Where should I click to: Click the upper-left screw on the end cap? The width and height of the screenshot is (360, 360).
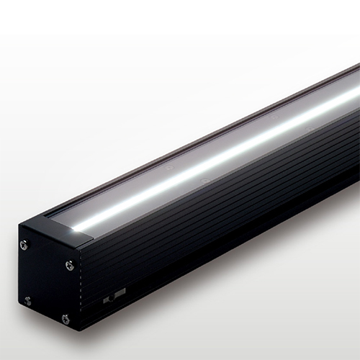[x=24, y=245]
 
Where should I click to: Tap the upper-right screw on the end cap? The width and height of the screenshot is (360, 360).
[x=69, y=265]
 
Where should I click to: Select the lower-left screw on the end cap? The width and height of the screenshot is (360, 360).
[x=27, y=300]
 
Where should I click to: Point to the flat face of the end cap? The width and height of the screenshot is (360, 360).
[x=47, y=281]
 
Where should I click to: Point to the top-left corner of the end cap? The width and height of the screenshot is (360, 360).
[x=20, y=229]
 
